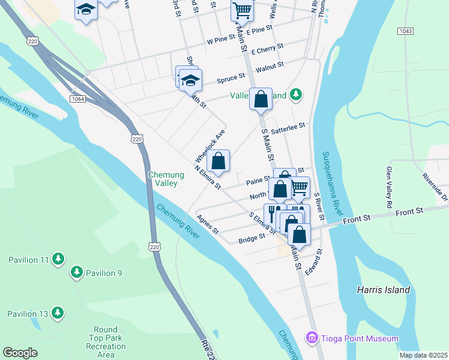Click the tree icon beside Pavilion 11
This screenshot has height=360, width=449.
58,259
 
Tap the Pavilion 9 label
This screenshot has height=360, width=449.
103,273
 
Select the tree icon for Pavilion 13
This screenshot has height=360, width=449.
58,313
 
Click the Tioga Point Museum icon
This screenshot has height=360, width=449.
312,338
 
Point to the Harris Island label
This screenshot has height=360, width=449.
383,290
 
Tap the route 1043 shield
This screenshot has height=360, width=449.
405,31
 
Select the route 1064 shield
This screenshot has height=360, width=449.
77,98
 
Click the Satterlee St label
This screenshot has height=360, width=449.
288,126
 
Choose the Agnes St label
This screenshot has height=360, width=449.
207,224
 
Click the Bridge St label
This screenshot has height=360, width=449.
252,238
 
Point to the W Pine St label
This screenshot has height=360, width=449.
221,41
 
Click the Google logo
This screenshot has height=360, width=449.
20,353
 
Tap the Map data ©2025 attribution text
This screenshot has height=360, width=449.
423,355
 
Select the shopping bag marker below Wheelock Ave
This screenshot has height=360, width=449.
218,161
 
